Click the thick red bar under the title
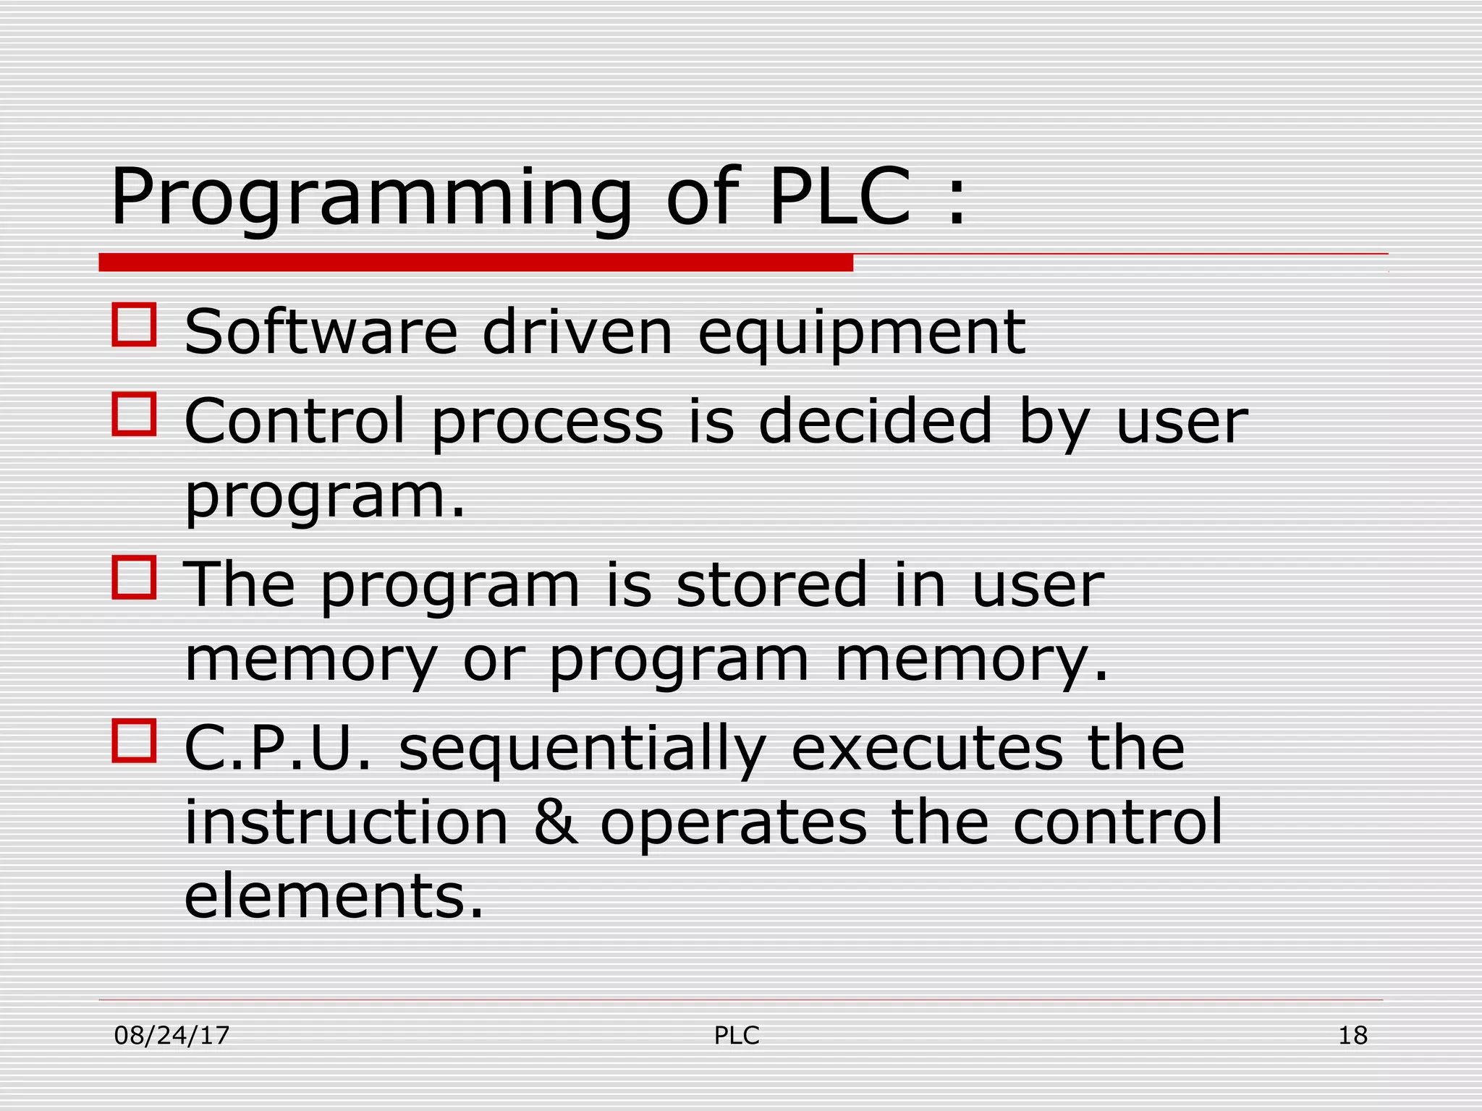(x=475, y=263)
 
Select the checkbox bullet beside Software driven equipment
(x=135, y=325)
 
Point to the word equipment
(x=861, y=334)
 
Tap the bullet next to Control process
(x=135, y=414)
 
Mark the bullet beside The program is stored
(x=135, y=577)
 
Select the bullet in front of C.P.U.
(x=135, y=741)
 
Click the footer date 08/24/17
(x=172, y=1036)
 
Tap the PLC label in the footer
(x=737, y=1036)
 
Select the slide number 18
(x=1352, y=1036)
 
